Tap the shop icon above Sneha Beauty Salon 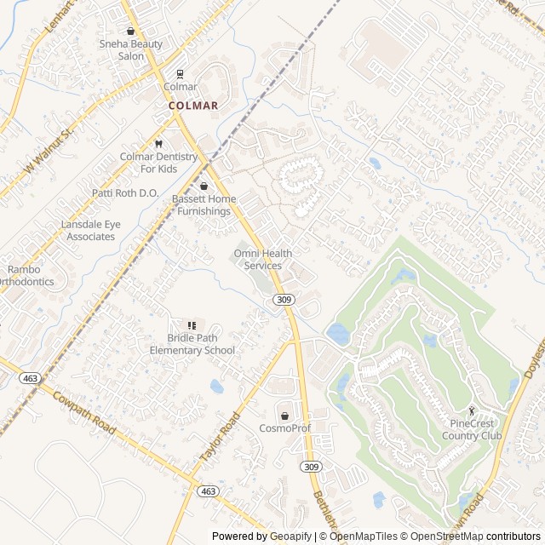[x=130, y=30]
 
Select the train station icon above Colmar [x=180, y=74]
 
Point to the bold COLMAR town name [x=193, y=106]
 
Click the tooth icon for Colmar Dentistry [x=158, y=144]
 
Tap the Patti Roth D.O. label [x=126, y=193]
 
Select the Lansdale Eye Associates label [x=90, y=230]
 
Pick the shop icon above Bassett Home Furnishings [x=204, y=186]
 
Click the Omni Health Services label [x=263, y=260]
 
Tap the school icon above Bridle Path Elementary [x=192, y=325]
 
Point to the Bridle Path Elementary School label [x=192, y=344]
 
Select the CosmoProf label [x=284, y=427]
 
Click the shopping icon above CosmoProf [x=284, y=415]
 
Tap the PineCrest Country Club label [x=472, y=429]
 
